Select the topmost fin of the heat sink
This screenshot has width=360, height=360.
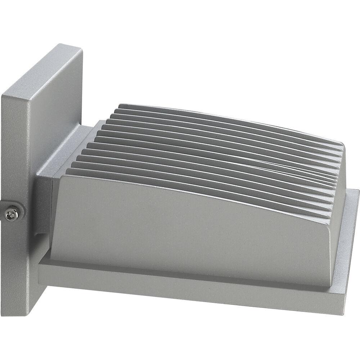pyautogui.click(x=230, y=114)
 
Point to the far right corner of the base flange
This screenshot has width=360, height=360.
pyautogui.click(x=358, y=191)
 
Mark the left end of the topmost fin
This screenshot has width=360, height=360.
pyautogui.click(x=121, y=106)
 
